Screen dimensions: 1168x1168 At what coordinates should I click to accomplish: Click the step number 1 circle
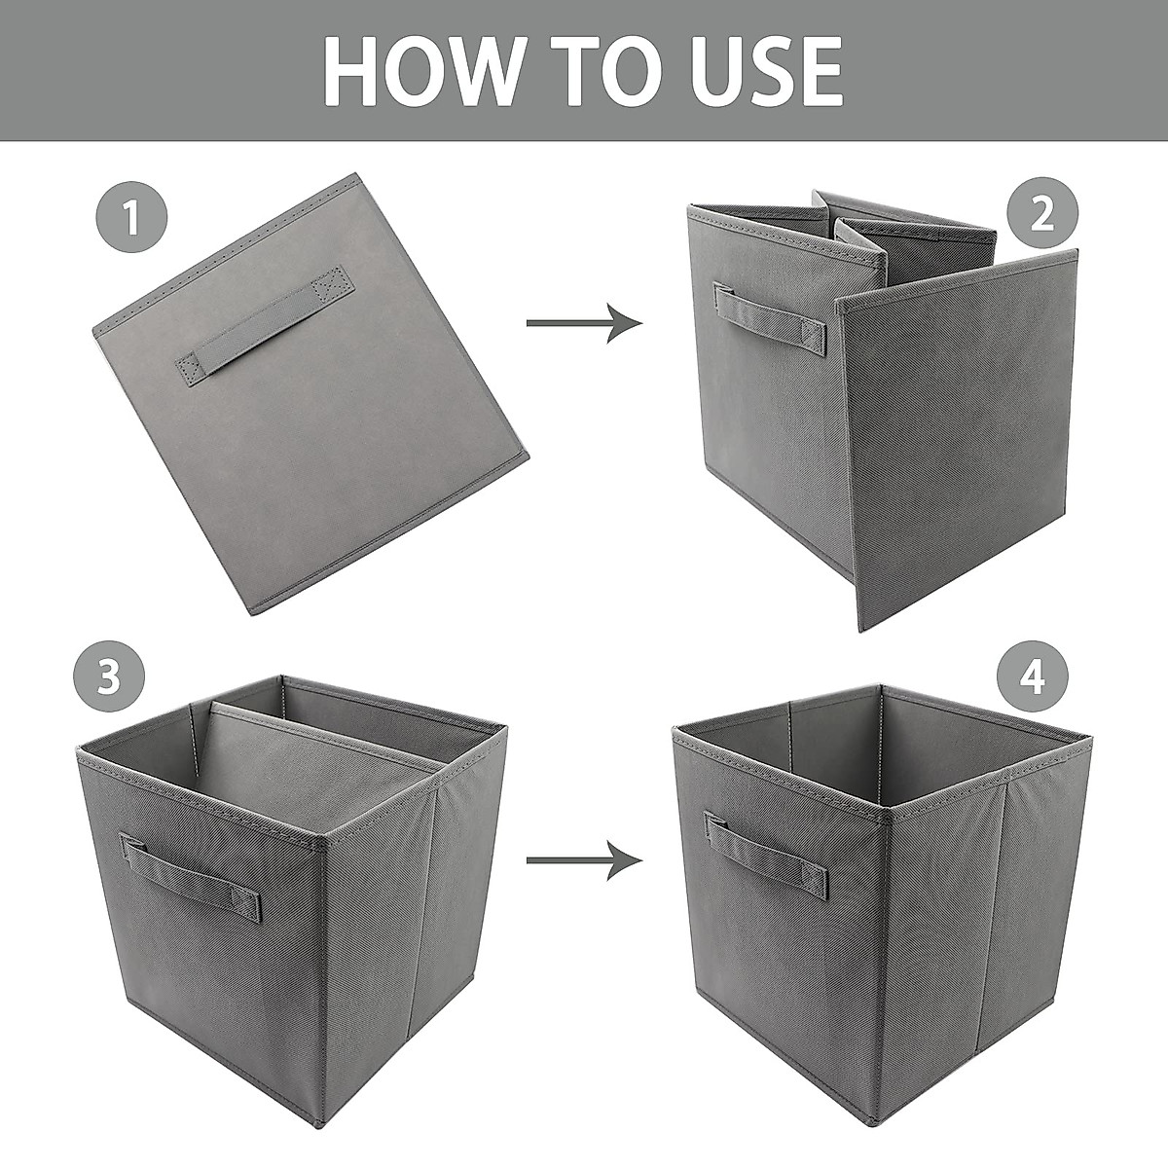tap(131, 216)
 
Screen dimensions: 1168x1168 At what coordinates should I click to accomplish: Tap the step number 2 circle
tap(1041, 216)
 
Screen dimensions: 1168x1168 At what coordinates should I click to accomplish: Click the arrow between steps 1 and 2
tap(584, 322)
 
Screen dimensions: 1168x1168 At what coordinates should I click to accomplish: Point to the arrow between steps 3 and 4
tap(584, 860)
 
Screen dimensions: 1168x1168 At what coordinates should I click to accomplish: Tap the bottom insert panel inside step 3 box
tap(311, 769)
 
